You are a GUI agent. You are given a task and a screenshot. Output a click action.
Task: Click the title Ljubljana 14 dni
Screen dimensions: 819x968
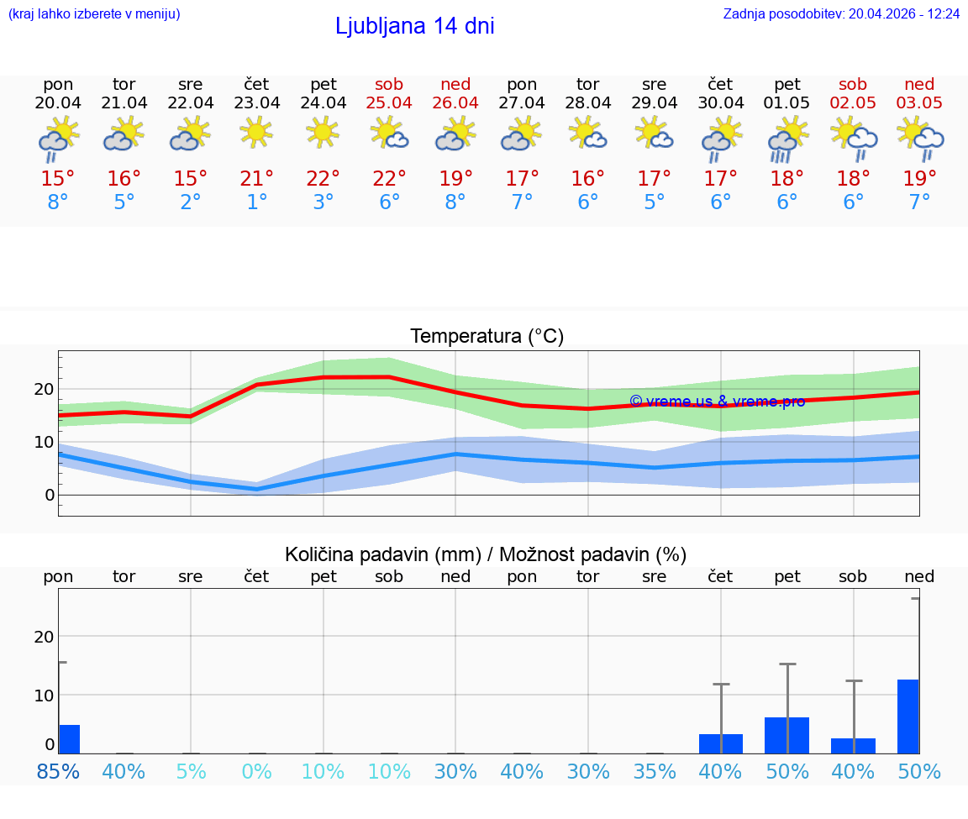414,26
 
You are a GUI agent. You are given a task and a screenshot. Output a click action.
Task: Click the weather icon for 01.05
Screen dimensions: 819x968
786,139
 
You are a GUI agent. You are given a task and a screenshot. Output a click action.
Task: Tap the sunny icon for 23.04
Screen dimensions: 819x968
256,132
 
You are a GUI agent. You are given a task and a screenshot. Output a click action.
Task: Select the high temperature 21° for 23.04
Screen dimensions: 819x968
256,178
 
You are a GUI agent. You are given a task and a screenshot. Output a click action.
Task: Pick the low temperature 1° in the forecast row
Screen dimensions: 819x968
256,202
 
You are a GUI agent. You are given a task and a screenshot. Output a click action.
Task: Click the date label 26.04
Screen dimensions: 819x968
455,102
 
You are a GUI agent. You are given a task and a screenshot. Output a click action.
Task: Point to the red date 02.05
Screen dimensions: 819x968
853,102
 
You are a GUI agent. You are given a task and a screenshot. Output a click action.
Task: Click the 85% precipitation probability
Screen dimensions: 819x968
58,771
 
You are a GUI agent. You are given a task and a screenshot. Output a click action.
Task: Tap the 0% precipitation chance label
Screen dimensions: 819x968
256,771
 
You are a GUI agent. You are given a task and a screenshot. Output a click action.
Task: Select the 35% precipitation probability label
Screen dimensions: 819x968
654,771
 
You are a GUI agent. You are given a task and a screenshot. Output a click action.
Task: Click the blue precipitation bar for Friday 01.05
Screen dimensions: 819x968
786,735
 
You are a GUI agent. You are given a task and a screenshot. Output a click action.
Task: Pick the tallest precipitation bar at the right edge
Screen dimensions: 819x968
907,716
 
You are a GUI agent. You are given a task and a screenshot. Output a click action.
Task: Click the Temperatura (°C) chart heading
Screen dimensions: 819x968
487,336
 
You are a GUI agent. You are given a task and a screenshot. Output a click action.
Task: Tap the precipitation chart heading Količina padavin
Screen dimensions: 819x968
486,554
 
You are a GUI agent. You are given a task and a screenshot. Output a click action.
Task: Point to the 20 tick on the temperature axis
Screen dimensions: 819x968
44,389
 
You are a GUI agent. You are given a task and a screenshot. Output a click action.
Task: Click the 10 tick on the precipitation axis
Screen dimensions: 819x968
44,695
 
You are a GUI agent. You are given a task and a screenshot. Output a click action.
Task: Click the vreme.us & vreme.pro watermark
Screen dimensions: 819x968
717,401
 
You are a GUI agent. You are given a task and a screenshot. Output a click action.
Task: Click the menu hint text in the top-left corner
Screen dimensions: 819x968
94,13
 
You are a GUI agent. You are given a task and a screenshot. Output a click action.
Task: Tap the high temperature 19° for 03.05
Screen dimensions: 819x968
919,178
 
